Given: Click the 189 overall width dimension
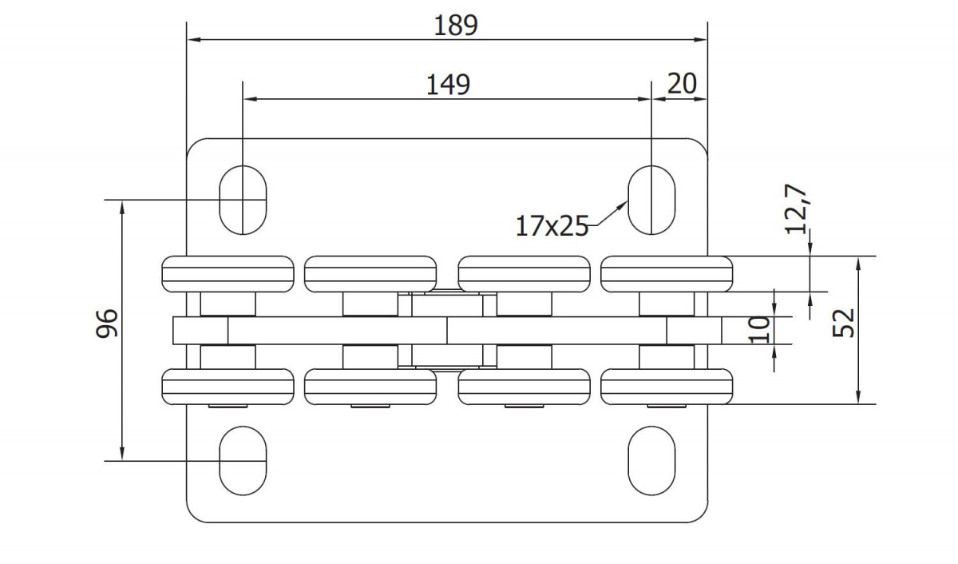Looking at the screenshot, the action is [456, 26].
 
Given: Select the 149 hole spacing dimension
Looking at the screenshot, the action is [448, 85].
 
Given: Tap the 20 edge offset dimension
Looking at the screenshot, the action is [682, 83].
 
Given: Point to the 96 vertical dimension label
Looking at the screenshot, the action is [107, 323].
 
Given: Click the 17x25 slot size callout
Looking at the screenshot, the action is [552, 226].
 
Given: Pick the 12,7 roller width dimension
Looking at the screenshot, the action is [796, 209].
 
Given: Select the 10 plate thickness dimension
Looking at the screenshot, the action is [759, 329].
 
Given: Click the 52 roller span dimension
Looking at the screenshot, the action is [843, 323].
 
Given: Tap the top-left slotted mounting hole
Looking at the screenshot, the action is [243, 200].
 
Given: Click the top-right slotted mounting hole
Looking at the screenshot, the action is [651, 200].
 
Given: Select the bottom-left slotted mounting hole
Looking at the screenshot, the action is [243, 461].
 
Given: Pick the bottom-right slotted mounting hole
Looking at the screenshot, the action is [651, 461].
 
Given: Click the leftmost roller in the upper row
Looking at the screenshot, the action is [228, 274].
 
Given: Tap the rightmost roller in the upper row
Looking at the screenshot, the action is [667, 274].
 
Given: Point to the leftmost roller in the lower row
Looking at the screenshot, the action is [228, 387].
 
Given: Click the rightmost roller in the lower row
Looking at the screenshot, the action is [667, 387].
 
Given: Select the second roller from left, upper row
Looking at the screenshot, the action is [370, 274].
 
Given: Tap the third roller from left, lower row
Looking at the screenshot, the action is [524, 387].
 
